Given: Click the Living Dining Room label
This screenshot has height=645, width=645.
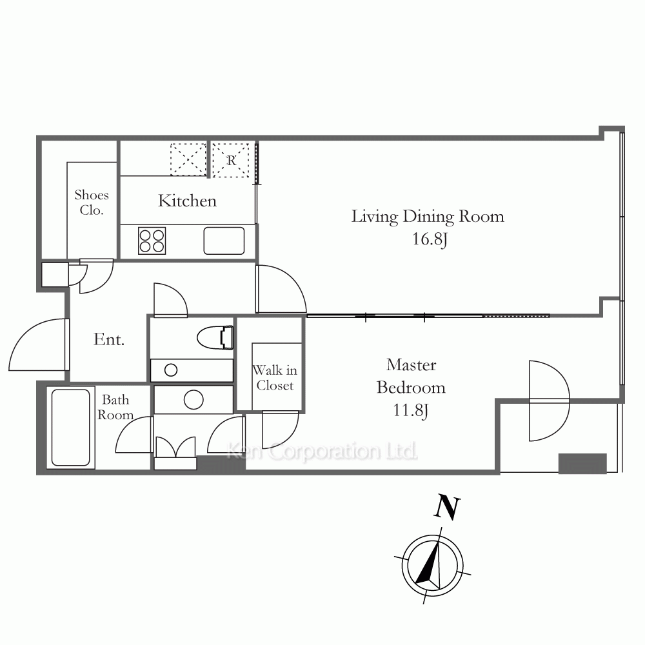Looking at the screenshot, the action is click(428, 217).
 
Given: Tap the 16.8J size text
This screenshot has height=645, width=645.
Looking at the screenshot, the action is click(430, 239).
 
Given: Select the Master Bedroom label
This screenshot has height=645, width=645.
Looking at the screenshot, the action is click(411, 377).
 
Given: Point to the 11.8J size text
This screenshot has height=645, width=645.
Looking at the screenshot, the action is click(410, 410).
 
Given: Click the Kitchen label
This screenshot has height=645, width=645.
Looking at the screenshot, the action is click(187, 201).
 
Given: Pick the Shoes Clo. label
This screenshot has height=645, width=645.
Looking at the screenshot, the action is click(92, 203).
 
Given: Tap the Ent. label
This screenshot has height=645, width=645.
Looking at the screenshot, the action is click(109, 339).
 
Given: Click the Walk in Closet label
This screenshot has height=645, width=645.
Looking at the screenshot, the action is click(275, 377).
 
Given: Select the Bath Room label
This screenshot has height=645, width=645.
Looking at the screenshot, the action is click(115, 407).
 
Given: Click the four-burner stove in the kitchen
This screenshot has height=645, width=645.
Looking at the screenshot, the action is click(152, 241).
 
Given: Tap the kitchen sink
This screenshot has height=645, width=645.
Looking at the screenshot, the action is click(224, 241).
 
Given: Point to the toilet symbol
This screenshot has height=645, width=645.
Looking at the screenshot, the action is click(215, 337).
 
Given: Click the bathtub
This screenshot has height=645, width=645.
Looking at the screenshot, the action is click(71, 428).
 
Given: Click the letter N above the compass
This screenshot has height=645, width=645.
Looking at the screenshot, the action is click(447, 506).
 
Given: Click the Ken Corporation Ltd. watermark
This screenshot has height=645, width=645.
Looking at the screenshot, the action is click(322, 451).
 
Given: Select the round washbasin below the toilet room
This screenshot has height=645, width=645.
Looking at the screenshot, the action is click(193, 399).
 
